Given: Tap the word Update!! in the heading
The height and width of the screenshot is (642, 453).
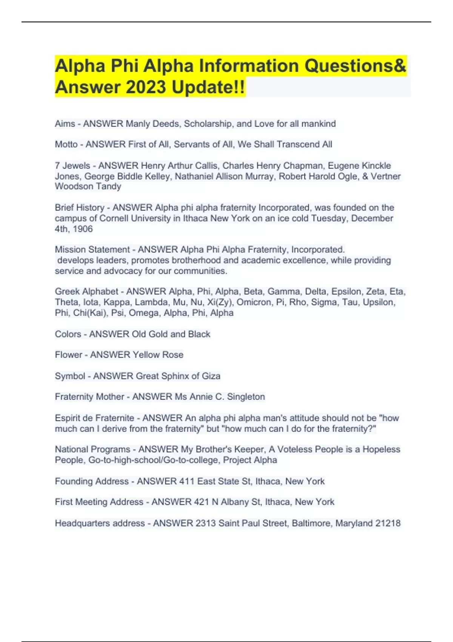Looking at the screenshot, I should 208,87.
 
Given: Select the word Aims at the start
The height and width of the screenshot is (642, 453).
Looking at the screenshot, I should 65,124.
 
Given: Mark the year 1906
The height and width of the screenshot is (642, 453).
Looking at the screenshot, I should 83,229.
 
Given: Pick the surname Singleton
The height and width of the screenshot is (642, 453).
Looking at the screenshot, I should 246,397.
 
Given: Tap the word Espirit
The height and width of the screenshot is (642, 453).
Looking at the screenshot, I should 69,418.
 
